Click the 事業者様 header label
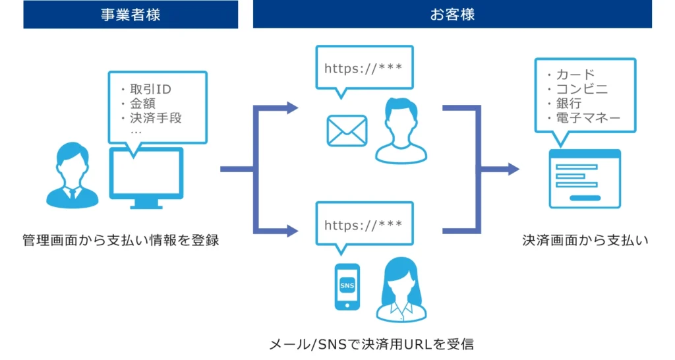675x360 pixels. [x=130, y=15]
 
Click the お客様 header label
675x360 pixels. [x=452, y=15]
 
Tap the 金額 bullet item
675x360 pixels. [x=142, y=104]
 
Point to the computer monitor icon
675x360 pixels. [x=146, y=177]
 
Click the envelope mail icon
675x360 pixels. [x=347, y=131]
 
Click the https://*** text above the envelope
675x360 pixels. [x=363, y=68]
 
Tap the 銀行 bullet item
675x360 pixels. [x=568, y=104]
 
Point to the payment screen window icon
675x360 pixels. [x=585, y=178]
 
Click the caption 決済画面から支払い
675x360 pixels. [x=585, y=241]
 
